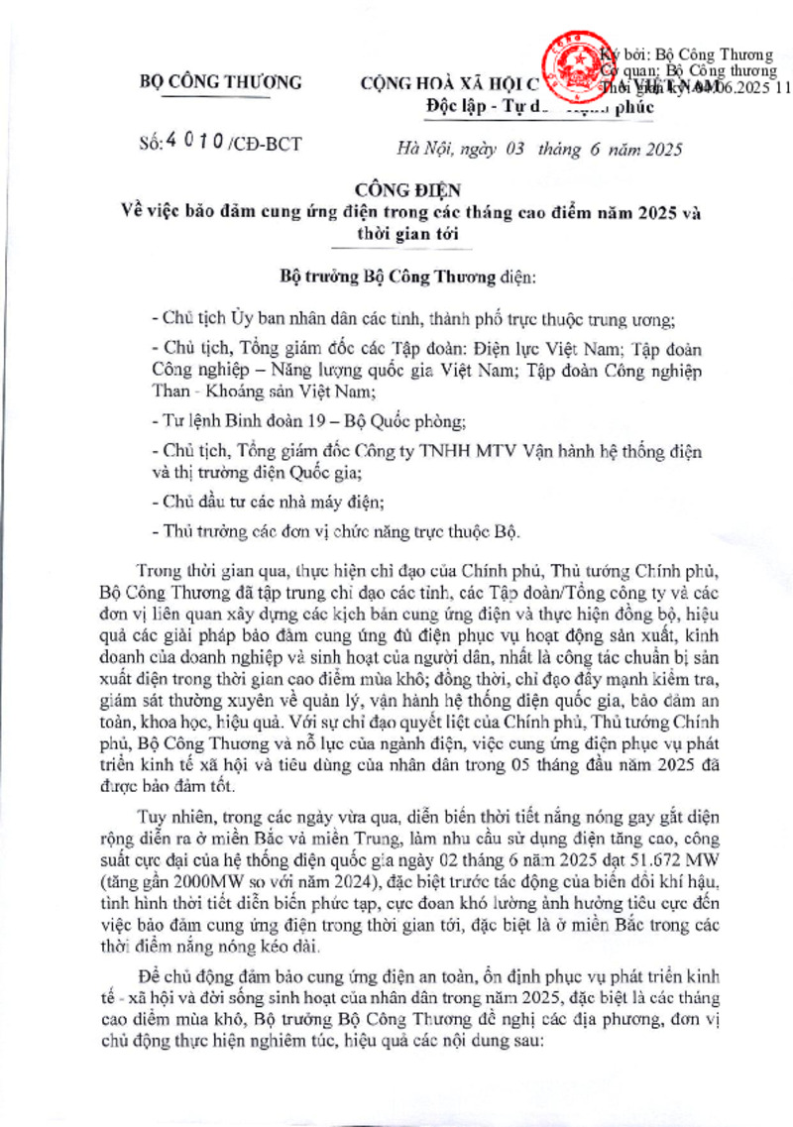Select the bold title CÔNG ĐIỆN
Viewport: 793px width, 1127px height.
click(396, 188)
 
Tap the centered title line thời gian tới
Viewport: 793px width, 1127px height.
click(396, 235)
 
